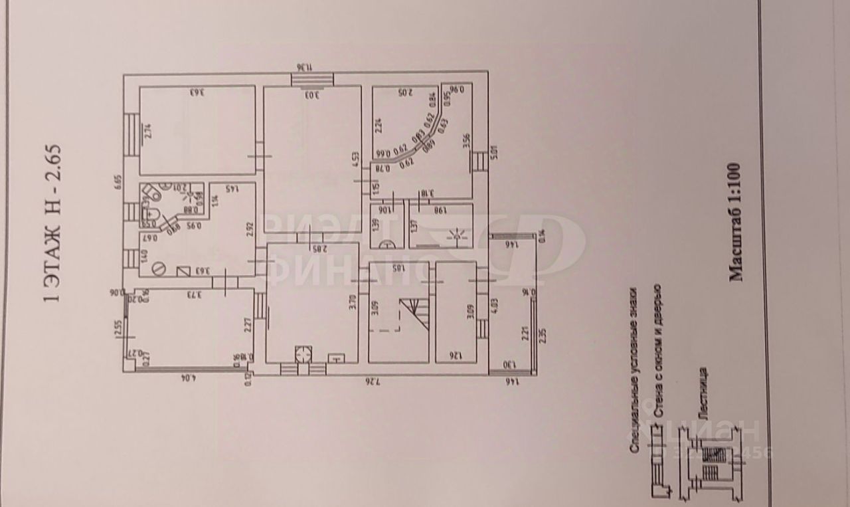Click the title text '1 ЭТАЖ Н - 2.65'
(52, 223)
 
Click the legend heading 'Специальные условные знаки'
(634, 369)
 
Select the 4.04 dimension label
(185, 380)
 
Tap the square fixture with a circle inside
(303, 354)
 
